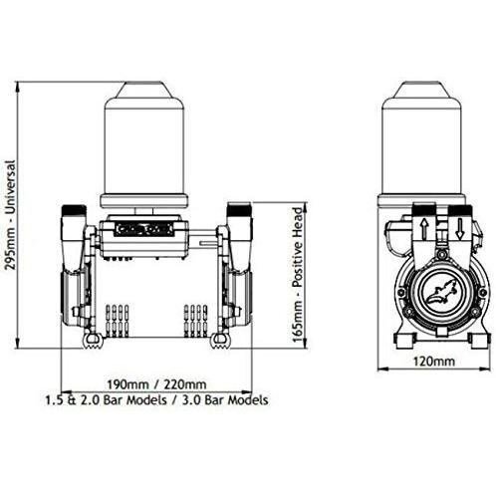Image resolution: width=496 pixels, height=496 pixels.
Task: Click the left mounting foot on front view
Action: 91,344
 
